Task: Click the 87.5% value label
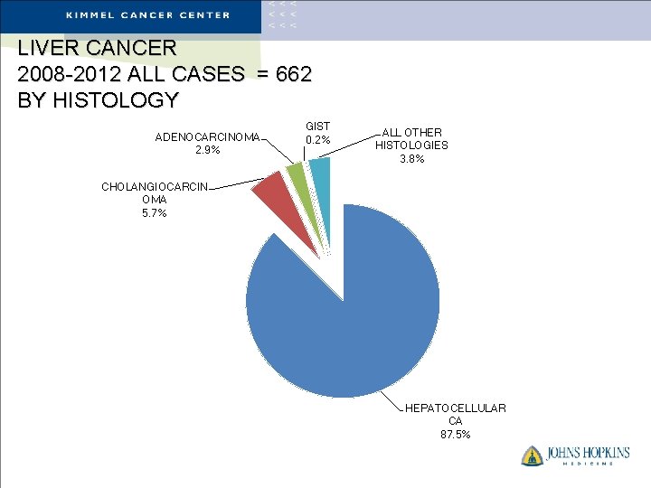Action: point(456,435)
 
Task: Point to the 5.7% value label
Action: point(154,213)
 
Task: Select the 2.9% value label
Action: point(208,150)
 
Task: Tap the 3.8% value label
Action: point(411,159)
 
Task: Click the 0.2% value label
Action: point(318,140)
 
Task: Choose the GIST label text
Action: point(318,127)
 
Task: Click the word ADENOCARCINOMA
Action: point(207,137)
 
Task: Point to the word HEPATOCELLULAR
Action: point(456,408)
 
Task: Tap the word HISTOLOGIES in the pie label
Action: point(411,145)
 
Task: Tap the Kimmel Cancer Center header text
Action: point(147,15)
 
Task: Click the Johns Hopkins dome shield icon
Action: point(532,455)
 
